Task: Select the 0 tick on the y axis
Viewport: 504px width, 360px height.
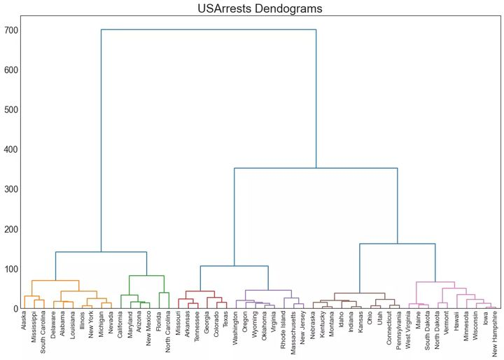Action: coord(15,309)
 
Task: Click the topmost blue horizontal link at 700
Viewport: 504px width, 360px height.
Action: coord(209,29)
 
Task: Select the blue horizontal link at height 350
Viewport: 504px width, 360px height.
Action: coord(316,168)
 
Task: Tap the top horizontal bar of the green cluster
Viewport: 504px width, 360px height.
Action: coord(147,276)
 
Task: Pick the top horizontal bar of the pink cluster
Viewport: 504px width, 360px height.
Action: coord(435,282)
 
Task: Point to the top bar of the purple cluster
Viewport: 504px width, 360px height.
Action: coord(268,290)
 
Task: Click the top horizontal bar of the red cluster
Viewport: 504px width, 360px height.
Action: coord(200,291)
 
